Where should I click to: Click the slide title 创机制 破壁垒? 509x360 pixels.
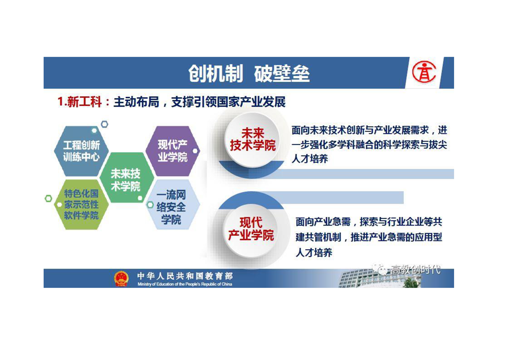tap(249, 74)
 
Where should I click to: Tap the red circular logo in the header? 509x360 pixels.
tap(424, 72)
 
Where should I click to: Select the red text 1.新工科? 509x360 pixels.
tap(79, 102)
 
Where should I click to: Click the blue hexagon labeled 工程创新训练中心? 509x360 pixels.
tap(81, 151)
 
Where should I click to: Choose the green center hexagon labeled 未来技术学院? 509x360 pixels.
tap(126, 178)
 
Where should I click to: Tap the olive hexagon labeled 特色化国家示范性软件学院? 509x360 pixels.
tap(81, 204)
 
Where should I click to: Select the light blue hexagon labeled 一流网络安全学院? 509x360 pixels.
tap(172, 204)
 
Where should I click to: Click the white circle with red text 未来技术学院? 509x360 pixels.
tap(253, 139)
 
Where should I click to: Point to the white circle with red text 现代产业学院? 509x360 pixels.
tap(251, 229)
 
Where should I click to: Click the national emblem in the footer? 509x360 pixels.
tap(121, 279)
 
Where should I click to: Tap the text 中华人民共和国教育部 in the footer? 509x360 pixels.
tap(185, 276)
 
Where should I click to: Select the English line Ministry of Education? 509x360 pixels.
tap(185, 284)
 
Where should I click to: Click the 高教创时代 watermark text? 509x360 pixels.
tap(416, 269)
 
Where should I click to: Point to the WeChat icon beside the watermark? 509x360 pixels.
tap(380, 269)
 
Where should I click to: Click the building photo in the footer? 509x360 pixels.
tap(380, 278)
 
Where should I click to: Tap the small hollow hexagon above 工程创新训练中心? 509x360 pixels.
tap(104, 124)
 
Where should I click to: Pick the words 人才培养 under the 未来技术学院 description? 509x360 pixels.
tap(310, 159)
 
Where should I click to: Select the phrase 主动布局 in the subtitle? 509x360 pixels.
tap(137, 102)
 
